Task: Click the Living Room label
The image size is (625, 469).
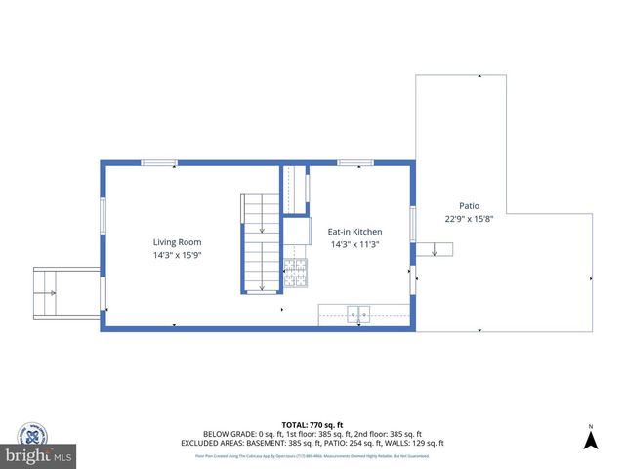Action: [177, 242]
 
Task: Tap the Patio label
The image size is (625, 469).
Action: [470, 206]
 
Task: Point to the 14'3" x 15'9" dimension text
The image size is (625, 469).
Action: [177, 255]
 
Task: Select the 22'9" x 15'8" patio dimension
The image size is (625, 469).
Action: [470, 219]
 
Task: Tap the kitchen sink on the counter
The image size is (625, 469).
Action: [358, 315]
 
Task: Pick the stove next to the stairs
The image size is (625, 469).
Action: [295, 275]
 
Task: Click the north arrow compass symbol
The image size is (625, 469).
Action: [590, 439]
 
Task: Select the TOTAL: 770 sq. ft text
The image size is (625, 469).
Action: [312, 424]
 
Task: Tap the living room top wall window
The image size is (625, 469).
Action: [159, 162]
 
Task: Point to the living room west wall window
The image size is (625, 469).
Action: [103, 215]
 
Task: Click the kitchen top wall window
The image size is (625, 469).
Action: [354, 162]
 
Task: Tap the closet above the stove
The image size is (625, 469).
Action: [295, 190]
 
